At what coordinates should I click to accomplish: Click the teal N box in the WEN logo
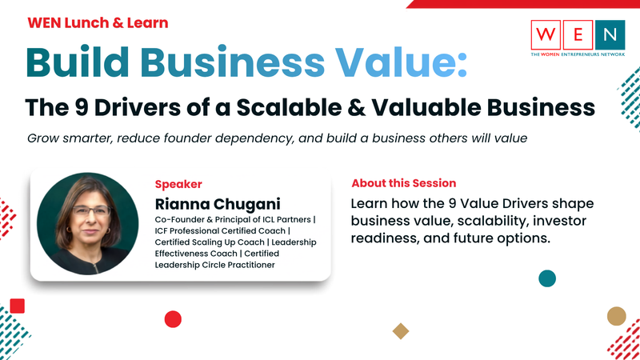(610, 34)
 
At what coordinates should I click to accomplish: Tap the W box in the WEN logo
(546, 34)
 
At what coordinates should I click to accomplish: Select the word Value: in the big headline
(402, 62)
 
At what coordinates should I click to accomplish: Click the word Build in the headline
(78, 62)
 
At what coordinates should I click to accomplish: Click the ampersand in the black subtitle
(357, 107)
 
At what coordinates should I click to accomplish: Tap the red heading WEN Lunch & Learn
(98, 22)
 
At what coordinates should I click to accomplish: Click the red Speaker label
(178, 184)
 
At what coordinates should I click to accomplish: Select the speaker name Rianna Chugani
(218, 204)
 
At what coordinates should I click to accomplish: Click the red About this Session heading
(404, 183)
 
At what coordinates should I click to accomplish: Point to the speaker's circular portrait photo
(87, 223)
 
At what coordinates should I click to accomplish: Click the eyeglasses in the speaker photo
(91, 211)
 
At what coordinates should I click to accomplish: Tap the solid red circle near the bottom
(173, 319)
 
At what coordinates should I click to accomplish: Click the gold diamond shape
(401, 331)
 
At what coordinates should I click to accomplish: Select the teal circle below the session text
(547, 278)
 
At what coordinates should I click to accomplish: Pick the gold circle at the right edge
(616, 316)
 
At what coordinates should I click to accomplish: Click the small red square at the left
(17, 306)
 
